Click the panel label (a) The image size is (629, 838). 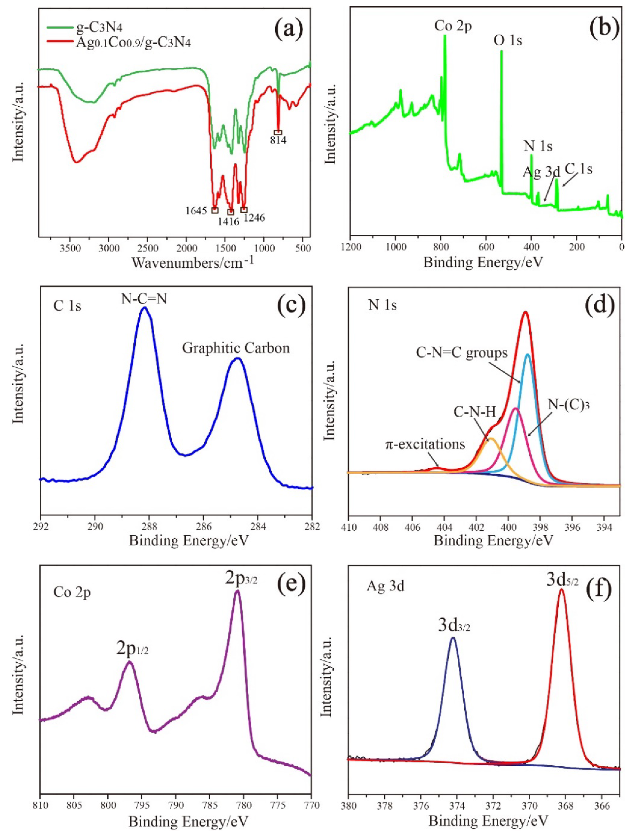pos(289,30)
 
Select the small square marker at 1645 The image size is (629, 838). pos(215,210)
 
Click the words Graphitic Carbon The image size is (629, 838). pos(236,348)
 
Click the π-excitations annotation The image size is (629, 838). pos(425,444)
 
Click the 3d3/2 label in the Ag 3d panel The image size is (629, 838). pos(454,626)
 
